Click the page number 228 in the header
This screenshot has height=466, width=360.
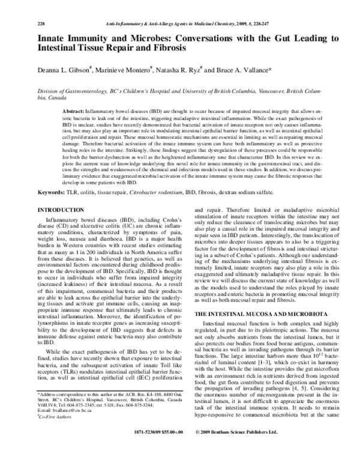(x=41, y=7)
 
